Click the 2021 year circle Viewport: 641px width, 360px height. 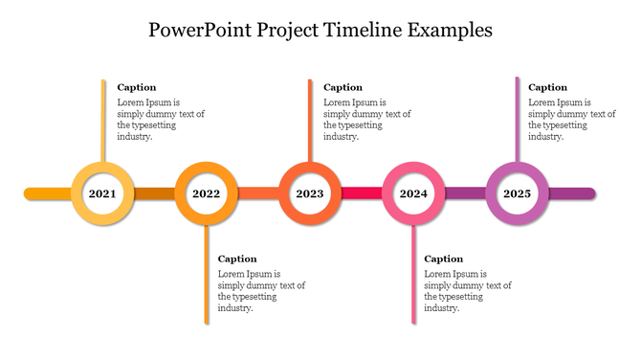click(x=102, y=193)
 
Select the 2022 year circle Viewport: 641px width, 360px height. click(x=206, y=193)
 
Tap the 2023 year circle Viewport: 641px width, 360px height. click(x=309, y=193)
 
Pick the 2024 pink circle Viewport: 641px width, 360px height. click(x=413, y=193)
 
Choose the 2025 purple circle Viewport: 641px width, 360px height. click(x=517, y=193)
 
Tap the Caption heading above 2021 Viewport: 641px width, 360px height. click(x=136, y=87)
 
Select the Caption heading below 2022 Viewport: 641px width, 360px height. click(x=237, y=259)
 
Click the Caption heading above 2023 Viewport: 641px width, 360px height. click(x=343, y=87)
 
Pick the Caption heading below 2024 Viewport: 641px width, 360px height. click(x=443, y=259)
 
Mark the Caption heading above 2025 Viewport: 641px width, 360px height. click(x=547, y=87)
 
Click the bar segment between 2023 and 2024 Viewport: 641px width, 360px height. click(x=361, y=193)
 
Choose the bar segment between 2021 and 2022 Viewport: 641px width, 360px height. click(x=154, y=193)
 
